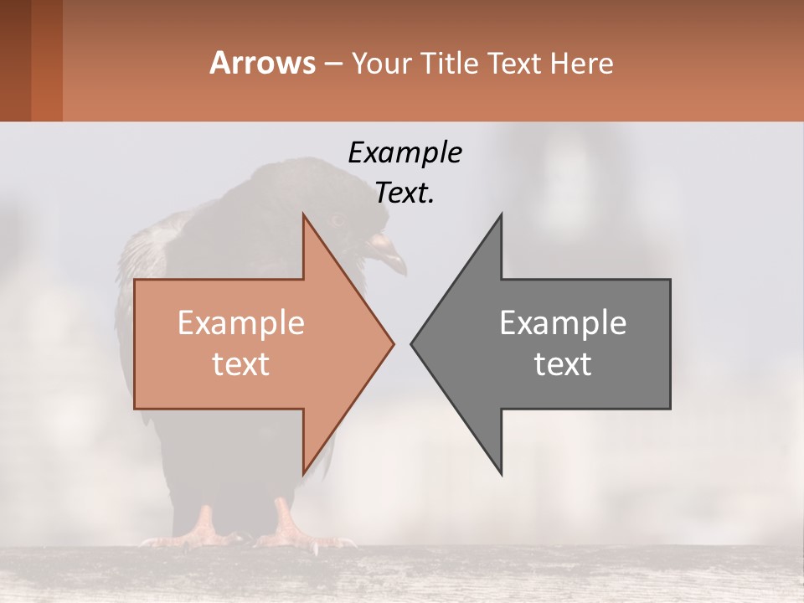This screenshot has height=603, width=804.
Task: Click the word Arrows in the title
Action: click(x=262, y=64)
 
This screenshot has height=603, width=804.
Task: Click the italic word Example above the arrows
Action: click(x=405, y=152)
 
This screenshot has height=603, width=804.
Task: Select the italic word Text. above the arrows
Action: click(x=405, y=193)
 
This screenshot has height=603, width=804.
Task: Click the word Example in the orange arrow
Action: click(x=241, y=323)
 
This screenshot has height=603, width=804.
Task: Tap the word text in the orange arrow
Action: click(x=241, y=364)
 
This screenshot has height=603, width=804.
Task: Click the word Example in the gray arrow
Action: click(x=563, y=323)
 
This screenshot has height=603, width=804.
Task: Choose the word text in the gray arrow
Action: click(x=563, y=364)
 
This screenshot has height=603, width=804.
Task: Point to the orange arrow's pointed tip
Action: click(x=392, y=343)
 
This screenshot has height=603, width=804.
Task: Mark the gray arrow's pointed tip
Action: click(x=413, y=343)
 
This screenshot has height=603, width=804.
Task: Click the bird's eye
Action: click(x=338, y=221)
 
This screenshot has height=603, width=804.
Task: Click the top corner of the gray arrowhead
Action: click(x=501, y=215)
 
